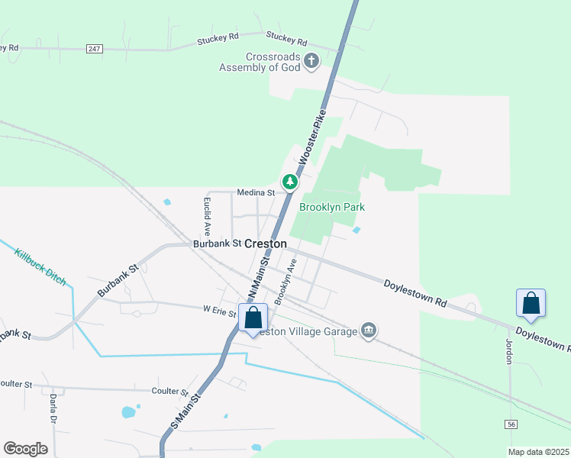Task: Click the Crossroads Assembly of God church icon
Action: point(311,61)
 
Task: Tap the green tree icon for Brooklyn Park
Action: point(289,182)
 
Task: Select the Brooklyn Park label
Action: point(331,207)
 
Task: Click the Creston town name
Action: point(265,244)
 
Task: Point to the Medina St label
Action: point(255,192)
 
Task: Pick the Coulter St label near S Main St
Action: point(169,392)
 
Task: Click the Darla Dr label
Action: point(54,409)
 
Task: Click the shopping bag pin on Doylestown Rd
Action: point(531,304)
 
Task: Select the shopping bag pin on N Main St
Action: point(253,318)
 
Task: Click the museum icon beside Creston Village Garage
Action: point(369,331)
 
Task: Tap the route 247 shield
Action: point(94,49)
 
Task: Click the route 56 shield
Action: point(511,424)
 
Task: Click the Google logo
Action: point(25,449)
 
